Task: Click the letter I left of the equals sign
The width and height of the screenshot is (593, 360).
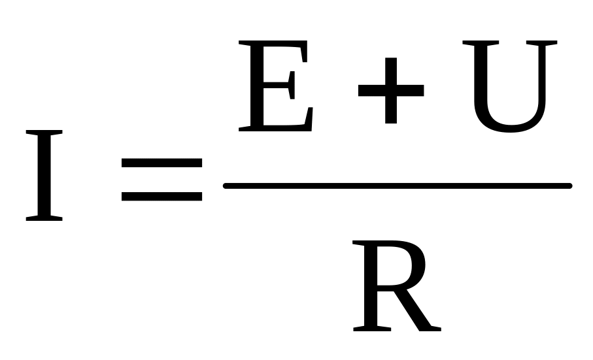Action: click(44, 175)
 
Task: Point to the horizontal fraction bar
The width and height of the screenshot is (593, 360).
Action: click(397, 186)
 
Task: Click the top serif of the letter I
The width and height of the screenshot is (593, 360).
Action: click(44, 133)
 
